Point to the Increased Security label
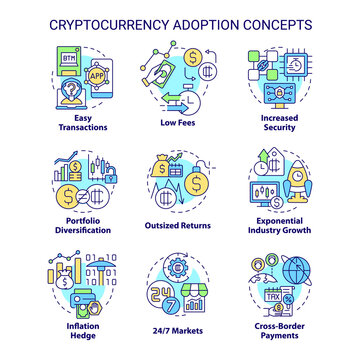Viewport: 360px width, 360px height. tap(296, 125)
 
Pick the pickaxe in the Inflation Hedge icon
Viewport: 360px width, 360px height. tap(81, 276)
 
